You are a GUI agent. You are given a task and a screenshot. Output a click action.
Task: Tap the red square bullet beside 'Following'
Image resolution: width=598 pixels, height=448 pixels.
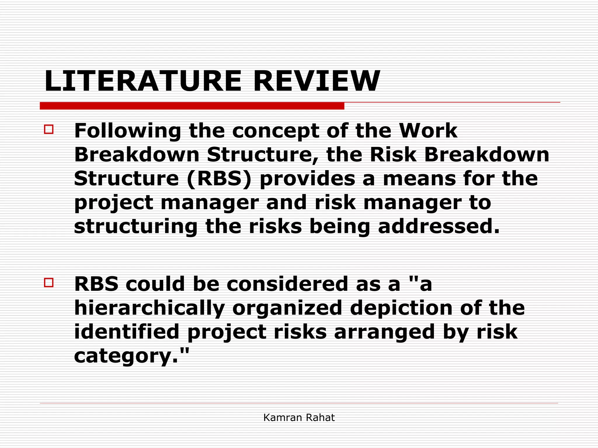pos(49,129)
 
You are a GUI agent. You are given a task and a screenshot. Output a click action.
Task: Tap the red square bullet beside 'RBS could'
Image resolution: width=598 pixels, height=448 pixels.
pos(49,283)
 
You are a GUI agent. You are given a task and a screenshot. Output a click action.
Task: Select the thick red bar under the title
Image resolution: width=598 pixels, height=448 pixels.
pos(192,106)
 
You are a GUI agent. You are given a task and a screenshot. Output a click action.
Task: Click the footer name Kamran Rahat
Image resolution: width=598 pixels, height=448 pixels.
pos(299,418)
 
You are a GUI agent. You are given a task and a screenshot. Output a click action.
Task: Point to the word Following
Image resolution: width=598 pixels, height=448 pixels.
pos(128,131)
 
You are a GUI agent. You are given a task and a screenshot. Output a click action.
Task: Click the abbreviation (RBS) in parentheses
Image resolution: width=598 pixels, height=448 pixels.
pos(219,178)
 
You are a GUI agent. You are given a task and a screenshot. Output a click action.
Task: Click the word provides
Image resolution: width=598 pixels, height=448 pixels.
pos(307,178)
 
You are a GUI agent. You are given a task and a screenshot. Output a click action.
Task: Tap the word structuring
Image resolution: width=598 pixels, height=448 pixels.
pos(136,227)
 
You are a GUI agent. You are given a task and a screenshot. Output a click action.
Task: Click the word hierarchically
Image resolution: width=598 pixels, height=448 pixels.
pos(149,309)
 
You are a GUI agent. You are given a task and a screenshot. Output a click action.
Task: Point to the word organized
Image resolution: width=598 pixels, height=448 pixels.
pos(287,309)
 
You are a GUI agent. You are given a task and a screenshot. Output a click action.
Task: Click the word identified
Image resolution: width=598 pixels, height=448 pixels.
pos(126,332)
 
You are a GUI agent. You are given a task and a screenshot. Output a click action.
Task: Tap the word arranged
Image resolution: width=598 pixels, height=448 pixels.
pos(385,332)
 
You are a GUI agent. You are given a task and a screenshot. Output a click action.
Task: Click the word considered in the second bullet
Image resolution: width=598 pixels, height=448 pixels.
pos(287,284)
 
